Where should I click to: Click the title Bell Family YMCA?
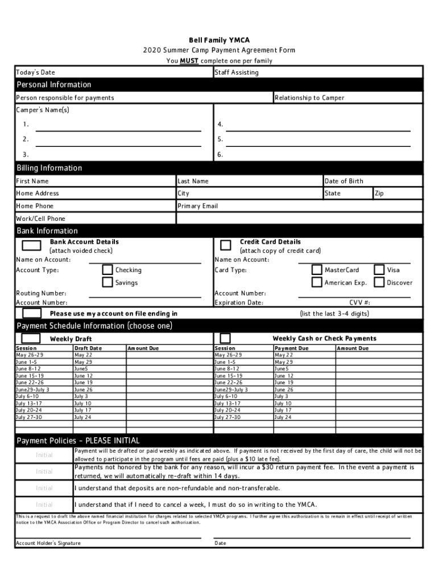click(x=219, y=40)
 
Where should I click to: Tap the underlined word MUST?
click(x=189, y=61)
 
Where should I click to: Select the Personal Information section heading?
click(x=53, y=85)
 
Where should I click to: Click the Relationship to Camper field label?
click(x=309, y=98)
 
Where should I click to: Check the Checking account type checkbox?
click(x=107, y=270)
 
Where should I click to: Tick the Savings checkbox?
click(x=107, y=282)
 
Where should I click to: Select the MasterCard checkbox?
click(x=317, y=270)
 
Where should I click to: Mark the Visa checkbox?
click(x=379, y=270)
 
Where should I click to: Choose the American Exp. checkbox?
click(x=317, y=282)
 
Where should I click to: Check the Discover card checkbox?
click(x=379, y=282)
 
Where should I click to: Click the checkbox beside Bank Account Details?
click(x=31, y=245)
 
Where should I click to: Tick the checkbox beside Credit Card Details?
click(x=225, y=245)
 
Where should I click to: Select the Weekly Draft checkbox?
click(x=31, y=338)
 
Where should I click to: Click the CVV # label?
click(x=360, y=303)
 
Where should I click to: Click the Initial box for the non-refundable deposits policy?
click(x=44, y=488)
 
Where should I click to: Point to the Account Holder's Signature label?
click(x=48, y=543)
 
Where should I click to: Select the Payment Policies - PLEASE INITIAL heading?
click(x=78, y=441)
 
